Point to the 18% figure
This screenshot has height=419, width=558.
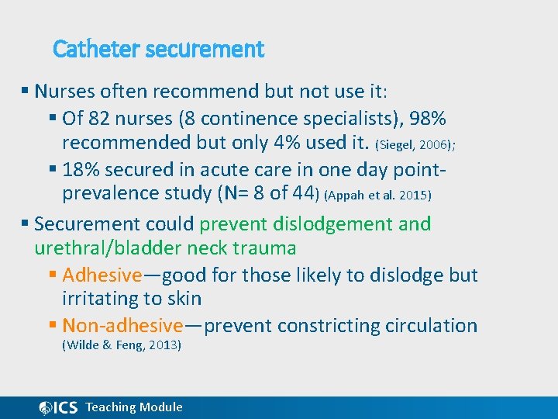(81, 170)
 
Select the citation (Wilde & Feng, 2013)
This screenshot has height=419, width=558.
(121, 345)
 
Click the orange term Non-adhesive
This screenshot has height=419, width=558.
(122, 326)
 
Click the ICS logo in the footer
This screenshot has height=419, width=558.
(58, 407)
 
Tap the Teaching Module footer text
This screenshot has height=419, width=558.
(134, 407)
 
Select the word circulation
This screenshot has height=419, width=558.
(426, 326)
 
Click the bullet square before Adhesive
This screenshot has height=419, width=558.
(52, 275)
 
